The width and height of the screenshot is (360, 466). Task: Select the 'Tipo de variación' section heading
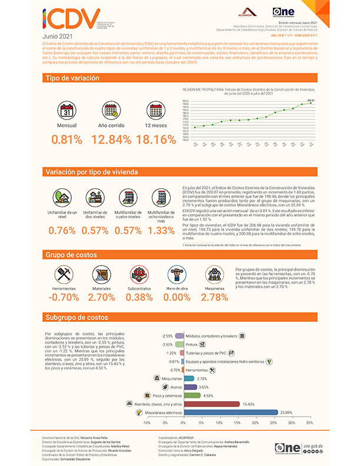69,78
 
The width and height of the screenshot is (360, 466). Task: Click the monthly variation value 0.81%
66,139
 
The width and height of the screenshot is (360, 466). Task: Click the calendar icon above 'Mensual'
67,110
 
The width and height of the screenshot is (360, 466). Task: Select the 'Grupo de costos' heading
68,255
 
